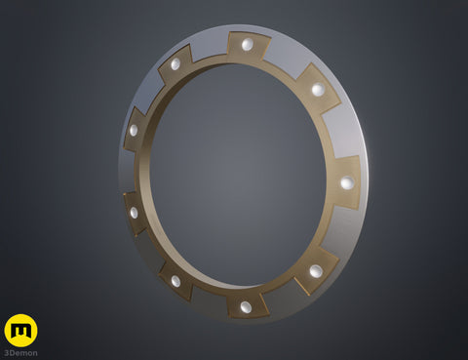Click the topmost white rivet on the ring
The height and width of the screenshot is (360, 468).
pyautogui.click(x=247, y=45)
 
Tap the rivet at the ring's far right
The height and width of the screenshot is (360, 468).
pyautogui.click(x=346, y=182)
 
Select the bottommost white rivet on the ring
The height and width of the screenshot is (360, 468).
pyautogui.click(x=245, y=306)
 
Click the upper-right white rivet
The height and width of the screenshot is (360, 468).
pyautogui.click(x=318, y=90)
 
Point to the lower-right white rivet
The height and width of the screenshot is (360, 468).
pyautogui.click(x=316, y=270)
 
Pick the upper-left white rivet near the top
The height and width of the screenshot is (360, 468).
pyautogui.click(x=175, y=64)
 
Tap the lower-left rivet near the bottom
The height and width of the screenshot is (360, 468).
pyautogui.click(x=176, y=281)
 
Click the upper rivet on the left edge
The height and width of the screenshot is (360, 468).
pyautogui.click(x=134, y=130)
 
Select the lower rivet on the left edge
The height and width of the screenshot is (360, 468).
pyautogui.click(x=134, y=212)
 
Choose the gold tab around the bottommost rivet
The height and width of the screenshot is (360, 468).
pyautogui.click(x=246, y=302)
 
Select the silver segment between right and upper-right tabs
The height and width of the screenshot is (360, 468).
pyautogui.click(x=341, y=132)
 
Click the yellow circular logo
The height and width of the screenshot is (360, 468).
pyautogui.click(x=20, y=330)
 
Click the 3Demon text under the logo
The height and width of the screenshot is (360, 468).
pyautogui.click(x=20, y=352)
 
